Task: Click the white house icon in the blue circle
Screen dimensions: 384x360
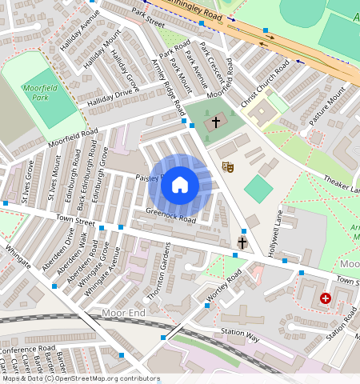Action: tap(180, 185)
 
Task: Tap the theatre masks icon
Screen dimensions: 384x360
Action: tap(228, 167)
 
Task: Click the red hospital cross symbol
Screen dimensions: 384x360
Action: tap(325, 298)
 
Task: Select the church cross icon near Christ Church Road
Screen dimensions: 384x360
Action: tap(214, 124)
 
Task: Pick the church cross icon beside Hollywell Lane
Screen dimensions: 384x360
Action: tap(242, 242)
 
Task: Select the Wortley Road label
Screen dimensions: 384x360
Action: tap(223, 289)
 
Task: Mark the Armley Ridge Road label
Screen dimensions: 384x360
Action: tap(168, 86)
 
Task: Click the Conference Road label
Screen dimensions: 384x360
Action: tap(28, 350)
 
